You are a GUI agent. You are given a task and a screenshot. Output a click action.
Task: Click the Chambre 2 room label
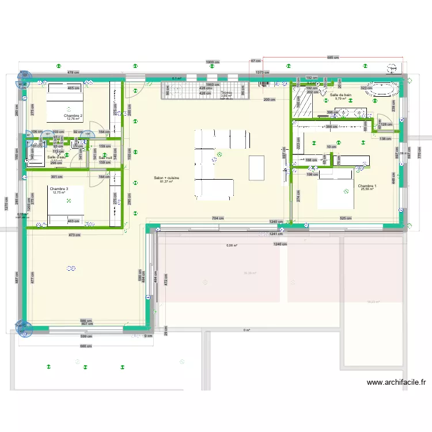74,116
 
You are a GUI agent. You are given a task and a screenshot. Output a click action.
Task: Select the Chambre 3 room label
59,189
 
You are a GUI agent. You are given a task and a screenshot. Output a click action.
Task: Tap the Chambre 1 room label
367,186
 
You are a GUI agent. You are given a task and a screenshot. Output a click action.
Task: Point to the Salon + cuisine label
166,179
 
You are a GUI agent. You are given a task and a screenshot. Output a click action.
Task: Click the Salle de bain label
340,94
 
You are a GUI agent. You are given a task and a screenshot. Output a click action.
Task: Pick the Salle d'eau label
56,157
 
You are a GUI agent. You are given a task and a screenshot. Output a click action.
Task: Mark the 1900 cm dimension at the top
213,62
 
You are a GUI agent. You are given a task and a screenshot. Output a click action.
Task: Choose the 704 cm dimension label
218,219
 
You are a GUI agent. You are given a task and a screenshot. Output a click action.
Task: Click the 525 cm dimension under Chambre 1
346,218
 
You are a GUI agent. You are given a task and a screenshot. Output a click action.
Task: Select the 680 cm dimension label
85,346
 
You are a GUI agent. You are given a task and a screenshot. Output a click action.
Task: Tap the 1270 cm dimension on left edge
6,202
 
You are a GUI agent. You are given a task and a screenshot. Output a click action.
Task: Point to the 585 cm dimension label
333,58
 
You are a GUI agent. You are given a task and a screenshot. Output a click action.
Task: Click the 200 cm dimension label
268,100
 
